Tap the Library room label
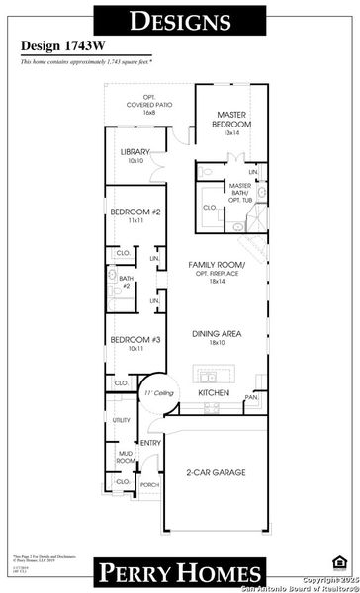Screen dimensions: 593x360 (x=135, y=153)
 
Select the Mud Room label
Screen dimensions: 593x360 (x=126, y=455)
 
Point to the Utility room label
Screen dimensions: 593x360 (x=122, y=421)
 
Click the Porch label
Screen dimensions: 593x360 (x=149, y=486)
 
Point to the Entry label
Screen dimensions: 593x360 (x=151, y=444)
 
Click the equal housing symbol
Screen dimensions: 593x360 (x=339, y=562)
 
